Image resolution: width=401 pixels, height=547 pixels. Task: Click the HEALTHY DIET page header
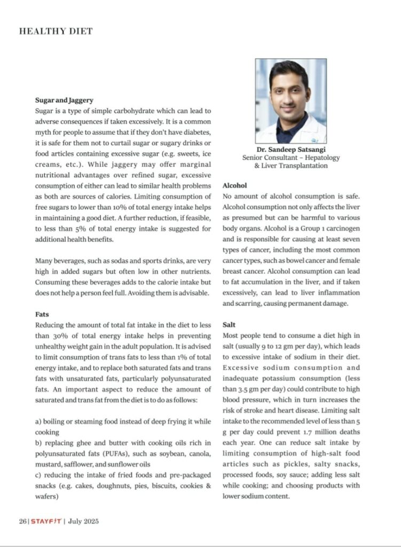click(56, 31)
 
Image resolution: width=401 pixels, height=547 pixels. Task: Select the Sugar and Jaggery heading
click(64, 100)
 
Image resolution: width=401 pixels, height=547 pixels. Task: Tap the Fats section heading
click(42, 314)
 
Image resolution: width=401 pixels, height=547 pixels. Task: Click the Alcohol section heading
click(234, 185)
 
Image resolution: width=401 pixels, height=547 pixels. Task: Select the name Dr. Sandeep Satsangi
click(291, 150)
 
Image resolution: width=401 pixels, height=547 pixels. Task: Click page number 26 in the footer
click(23, 521)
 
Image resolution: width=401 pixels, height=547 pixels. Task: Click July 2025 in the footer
click(83, 521)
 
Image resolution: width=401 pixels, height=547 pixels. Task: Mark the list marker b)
click(38, 442)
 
